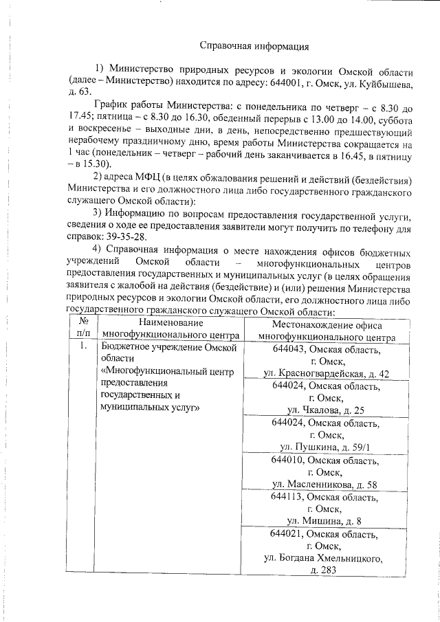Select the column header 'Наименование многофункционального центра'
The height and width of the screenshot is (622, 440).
click(x=170, y=330)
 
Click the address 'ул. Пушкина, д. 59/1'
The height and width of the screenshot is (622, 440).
click(x=326, y=447)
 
